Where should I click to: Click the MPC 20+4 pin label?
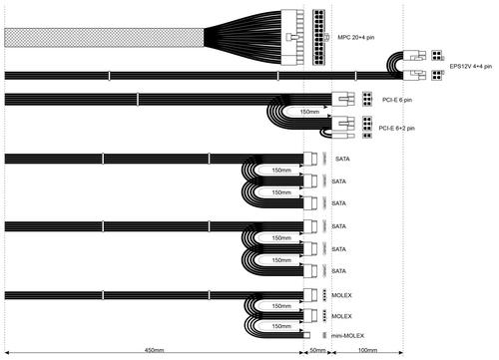(x=356, y=37)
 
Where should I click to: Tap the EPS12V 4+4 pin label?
(x=471, y=66)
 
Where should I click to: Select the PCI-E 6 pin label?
(x=397, y=100)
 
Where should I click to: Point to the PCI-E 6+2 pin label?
(x=396, y=128)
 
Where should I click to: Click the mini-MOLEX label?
(x=347, y=336)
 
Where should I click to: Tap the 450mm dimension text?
(x=154, y=350)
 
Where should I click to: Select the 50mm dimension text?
(x=317, y=350)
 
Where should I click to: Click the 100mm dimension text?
(x=367, y=350)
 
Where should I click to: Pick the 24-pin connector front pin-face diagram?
(x=319, y=37)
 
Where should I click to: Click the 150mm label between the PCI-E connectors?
(x=309, y=112)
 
